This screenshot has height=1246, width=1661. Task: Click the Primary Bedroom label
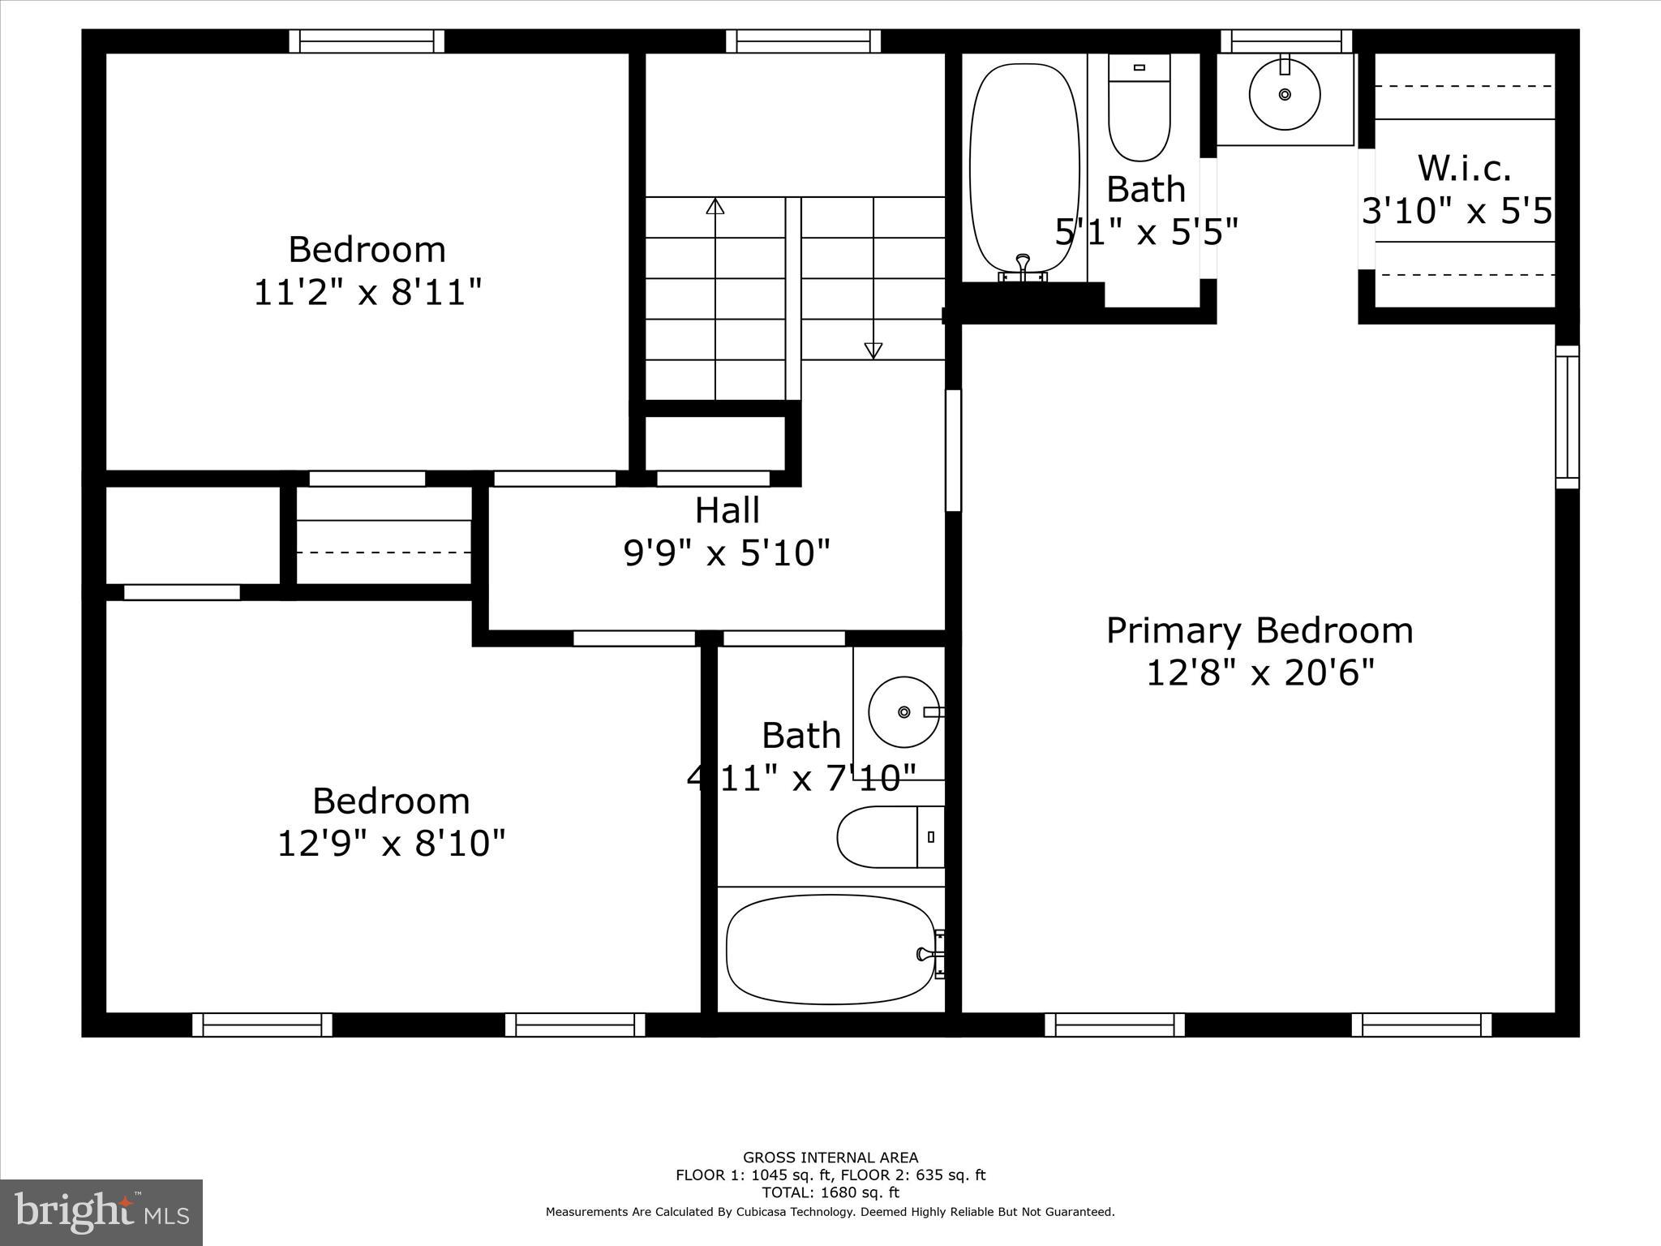(x=1259, y=631)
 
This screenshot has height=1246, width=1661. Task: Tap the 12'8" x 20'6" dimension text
(x=1260, y=673)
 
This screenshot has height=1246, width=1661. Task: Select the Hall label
(x=727, y=511)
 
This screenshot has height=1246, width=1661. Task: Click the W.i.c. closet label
(x=1464, y=169)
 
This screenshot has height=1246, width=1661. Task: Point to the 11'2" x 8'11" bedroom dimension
(x=367, y=292)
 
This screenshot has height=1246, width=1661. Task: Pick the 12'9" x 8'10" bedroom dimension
(x=391, y=844)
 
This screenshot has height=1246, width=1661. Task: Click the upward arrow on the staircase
(x=715, y=207)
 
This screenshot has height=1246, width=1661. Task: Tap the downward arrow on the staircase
(x=873, y=350)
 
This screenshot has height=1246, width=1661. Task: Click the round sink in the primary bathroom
(x=1284, y=95)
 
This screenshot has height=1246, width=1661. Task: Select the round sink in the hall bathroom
(x=903, y=712)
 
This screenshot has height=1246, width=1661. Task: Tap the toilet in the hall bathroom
(x=889, y=836)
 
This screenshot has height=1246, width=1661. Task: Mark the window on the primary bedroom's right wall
(x=1567, y=417)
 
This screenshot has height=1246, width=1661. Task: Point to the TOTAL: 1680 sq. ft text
(x=830, y=1192)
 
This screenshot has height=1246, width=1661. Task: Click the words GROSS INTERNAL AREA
(x=830, y=1158)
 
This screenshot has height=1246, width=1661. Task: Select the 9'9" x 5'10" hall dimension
(x=727, y=554)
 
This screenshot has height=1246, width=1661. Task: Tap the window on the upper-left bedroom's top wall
(x=367, y=41)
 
